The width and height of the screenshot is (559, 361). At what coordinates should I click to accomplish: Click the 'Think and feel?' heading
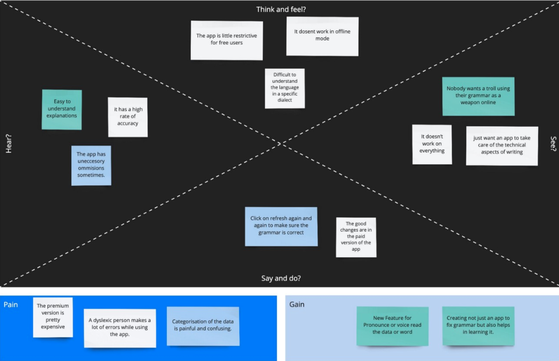pyautogui.click(x=281, y=9)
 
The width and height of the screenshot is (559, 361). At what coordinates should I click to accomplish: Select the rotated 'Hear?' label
pyautogui.click(x=9, y=144)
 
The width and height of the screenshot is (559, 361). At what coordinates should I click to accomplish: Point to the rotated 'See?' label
pyautogui.click(x=553, y=144)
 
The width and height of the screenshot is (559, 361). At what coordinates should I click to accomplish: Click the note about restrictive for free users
pyautogui.click(x=226, y=40)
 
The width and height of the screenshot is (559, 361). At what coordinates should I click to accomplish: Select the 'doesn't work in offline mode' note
pyautogui.click(x=322, y=36)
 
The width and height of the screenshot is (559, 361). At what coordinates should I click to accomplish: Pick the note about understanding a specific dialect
pyautogui.click(x=285, y=88)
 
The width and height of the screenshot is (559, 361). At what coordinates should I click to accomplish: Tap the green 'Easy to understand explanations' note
pyautogui.click(x=62, y=109)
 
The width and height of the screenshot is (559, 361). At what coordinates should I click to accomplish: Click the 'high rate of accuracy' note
pyautogui.click(x=127, y=117)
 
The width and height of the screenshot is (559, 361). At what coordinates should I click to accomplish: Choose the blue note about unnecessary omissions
pyautogui.click(x=91, y=165)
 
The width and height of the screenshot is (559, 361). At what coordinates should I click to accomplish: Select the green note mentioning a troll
pyautogui.click(x=478, y=96)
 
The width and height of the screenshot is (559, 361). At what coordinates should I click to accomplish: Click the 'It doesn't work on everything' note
pyautogui.click(x=432, y=144)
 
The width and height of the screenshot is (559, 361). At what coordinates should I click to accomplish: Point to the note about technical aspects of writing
pyautogui.click(x=501, y=145)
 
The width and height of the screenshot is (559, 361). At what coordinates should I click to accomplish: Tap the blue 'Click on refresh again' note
pyautogui.click(x=281, y=226)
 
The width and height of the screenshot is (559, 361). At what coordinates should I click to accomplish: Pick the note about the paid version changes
pyautogui.click(x=356, y=237)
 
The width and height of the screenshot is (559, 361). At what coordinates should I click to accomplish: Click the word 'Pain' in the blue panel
pyautogui.click(x=11, y=305)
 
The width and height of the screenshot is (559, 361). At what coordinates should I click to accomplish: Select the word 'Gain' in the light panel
pyautogui.click(x=297, y=305)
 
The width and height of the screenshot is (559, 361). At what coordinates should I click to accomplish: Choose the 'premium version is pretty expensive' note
pyautogui.click(x=53, y=317)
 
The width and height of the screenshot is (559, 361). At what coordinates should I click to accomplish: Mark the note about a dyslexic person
pyautogui.click(x=120, y=327)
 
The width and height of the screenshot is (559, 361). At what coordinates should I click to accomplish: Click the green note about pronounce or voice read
pyautogui.click(x=392, y=325)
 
